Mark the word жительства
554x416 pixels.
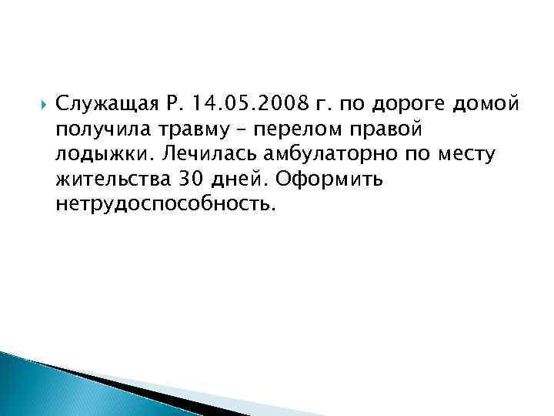point(102,179)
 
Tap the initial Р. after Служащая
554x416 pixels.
point(175,103)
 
